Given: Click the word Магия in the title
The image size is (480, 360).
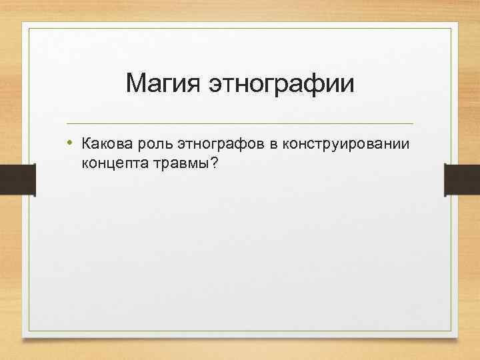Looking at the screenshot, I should pos(163,85).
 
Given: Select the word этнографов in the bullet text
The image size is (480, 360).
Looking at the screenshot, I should pos(220,143).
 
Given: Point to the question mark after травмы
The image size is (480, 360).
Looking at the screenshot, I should pos(213,162).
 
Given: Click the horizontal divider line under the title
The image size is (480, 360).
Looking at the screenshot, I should pos(240,123).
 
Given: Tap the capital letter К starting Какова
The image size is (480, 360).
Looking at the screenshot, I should pos(86,143).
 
